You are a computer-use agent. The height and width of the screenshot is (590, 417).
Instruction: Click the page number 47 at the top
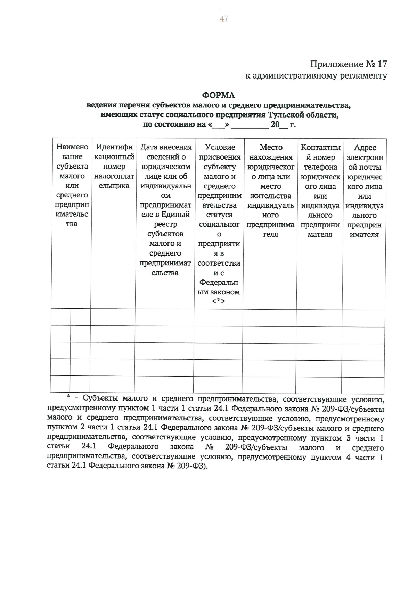pyautogui.click(x=223, y=19)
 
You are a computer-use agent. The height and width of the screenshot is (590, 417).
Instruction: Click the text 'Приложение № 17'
pyautogui.click(x=348, y=64)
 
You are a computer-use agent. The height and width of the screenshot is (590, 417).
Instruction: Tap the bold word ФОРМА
pyautogui.click(x=219, y=95)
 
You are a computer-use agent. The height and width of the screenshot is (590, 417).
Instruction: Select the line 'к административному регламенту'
pyautogui.click(x=316, y=75)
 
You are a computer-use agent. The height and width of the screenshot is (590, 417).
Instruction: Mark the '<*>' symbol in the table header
pyautogui.click(x=219, y=301)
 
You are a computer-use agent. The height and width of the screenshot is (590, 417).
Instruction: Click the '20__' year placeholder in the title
pyautogui.click(x=278, y=124)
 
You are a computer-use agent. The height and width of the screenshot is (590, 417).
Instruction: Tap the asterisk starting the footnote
pyautogui.click(x=68, y=397)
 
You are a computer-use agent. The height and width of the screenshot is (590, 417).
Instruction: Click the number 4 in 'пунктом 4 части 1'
pyautogui.click(x=348, y=457)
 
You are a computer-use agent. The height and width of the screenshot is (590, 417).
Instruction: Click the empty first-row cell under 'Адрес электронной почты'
pyautogui.click(x=363, y=318)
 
